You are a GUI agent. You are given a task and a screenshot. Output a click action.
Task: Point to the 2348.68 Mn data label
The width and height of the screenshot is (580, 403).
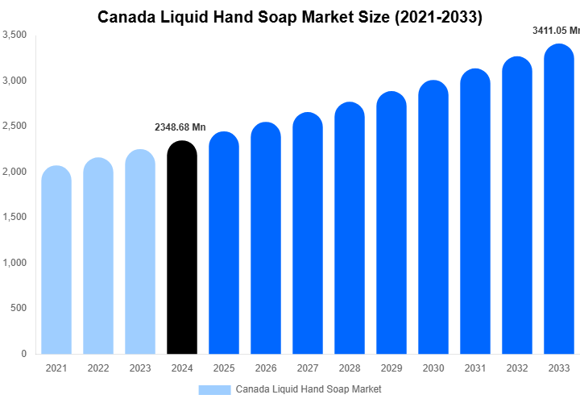180,127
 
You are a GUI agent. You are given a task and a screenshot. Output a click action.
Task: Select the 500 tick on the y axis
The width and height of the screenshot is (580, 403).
19,309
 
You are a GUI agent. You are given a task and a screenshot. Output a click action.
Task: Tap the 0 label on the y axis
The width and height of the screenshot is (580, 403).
24,354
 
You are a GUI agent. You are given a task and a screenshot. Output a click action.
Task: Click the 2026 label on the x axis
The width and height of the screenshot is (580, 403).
266,368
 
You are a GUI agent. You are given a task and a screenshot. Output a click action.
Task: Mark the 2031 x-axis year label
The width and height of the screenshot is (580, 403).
475,368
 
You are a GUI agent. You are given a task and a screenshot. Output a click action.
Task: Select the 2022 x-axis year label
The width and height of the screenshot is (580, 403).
98,368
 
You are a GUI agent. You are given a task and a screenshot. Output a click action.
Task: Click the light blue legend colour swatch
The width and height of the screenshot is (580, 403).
214,389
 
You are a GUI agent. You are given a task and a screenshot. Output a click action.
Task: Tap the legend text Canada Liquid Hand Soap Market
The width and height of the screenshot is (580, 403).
309,389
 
